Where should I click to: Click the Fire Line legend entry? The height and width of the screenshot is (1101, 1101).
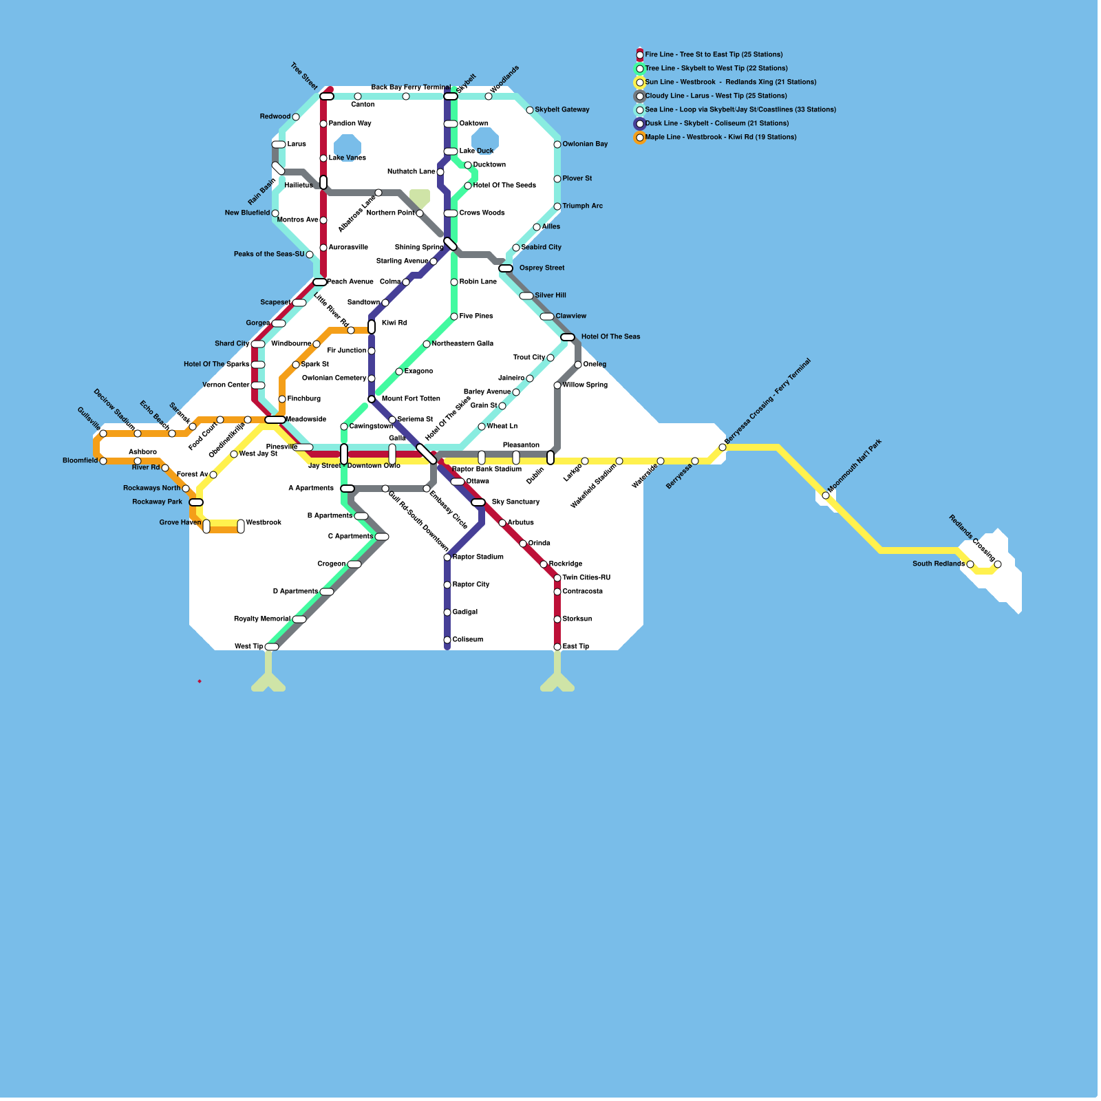713,54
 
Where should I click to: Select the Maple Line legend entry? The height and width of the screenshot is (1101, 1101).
720,137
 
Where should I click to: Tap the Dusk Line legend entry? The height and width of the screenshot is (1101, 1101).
716,123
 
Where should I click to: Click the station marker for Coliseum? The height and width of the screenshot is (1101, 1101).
447,640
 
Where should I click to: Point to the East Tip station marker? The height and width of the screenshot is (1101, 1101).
557,647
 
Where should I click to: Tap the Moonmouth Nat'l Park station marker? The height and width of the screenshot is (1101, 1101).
826,495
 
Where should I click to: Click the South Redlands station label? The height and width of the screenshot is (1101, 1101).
938,564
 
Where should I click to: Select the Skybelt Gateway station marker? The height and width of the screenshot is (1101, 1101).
530,110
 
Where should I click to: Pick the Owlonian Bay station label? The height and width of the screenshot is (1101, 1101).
585,145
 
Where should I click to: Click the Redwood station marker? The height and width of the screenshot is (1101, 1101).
296,117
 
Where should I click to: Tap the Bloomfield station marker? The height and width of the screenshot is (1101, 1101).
103,461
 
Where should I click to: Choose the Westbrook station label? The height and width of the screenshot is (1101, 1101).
264,523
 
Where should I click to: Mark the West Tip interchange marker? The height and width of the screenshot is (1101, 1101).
272,647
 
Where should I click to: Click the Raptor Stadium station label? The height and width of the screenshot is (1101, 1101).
478,557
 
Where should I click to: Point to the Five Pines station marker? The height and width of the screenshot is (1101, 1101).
454,317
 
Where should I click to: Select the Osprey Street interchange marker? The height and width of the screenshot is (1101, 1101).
506,268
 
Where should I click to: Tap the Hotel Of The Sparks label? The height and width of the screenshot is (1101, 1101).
216,365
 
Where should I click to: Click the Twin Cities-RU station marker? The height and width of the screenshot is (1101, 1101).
557,578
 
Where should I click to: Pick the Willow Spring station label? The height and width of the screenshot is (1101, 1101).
585,385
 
